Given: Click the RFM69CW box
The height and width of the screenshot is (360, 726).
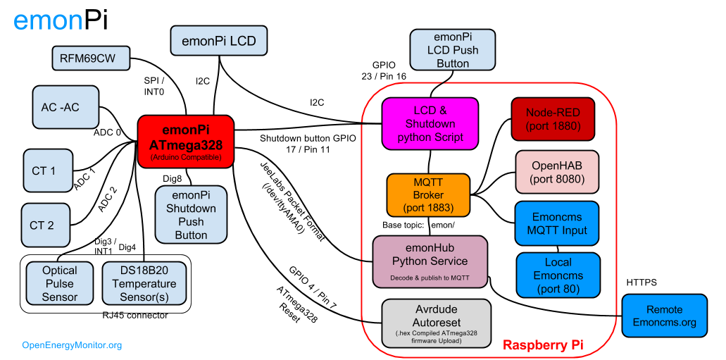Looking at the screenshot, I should point(91,58).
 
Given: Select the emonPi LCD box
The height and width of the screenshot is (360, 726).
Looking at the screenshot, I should point(218,41).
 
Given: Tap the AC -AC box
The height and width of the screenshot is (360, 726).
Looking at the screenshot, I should point(65,107).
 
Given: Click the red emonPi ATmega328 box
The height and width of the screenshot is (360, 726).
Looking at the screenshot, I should point(186,142).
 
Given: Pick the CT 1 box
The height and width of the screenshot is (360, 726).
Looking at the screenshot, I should point(48,170).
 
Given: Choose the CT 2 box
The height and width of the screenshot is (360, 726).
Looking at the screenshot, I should point(46,225).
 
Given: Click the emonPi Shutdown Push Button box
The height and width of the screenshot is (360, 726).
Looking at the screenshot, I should point(191,215).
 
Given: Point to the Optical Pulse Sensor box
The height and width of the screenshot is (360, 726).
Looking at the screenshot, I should point(60,283).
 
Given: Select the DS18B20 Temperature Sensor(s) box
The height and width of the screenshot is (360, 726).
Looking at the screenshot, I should point(144,283).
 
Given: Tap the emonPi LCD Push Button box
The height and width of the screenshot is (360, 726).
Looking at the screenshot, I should point(453,50).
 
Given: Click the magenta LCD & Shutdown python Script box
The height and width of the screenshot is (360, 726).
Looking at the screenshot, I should point(430,123).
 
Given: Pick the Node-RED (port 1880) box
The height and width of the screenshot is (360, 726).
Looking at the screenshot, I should point(553,119).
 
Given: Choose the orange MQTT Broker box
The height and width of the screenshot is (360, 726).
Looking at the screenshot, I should point(428,195).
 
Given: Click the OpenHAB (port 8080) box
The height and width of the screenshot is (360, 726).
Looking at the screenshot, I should point(557,172).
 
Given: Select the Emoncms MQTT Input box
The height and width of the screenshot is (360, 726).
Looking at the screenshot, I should point(556,223).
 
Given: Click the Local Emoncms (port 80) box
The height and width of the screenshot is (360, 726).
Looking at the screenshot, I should point(558,275).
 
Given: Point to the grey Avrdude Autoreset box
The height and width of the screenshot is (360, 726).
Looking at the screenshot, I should point(436,323).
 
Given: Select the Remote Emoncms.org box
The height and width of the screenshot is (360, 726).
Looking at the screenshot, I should point(664,316).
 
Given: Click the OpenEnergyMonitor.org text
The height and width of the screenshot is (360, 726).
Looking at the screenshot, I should point(72,345).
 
